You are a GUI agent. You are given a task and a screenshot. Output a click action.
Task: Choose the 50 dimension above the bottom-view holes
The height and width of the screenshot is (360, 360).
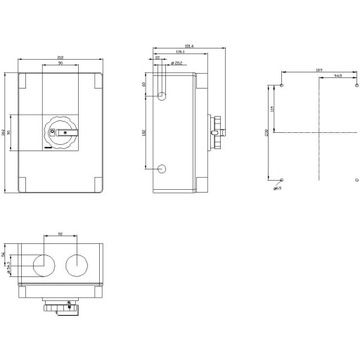coord(60,235)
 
